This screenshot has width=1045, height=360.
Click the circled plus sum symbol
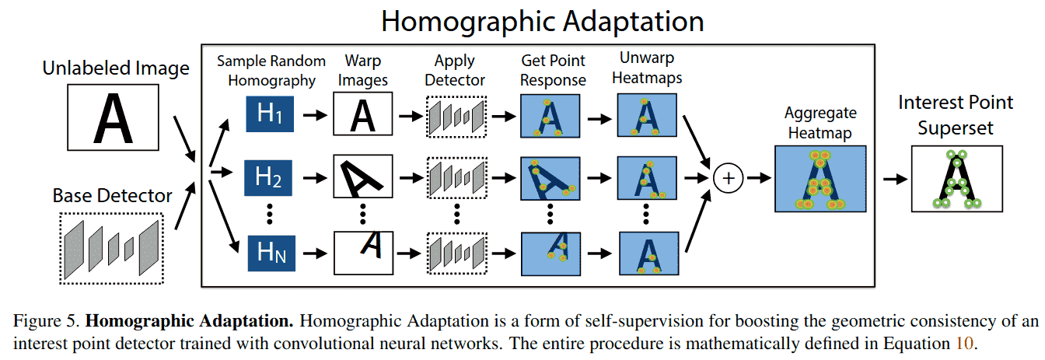(729, 178)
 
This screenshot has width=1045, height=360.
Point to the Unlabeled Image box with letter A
(114, 117)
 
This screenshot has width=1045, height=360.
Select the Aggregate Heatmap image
(820, 178)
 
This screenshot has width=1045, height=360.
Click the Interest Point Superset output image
(956, 178)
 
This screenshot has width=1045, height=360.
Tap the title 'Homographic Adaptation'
(542, 21)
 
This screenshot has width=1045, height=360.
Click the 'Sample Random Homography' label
(266, 70)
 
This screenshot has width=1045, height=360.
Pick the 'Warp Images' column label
(362, 70)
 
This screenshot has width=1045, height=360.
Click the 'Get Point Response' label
(552, 70)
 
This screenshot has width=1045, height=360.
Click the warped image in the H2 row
(363, 178)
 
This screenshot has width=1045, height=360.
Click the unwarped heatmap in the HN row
(648, 253)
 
